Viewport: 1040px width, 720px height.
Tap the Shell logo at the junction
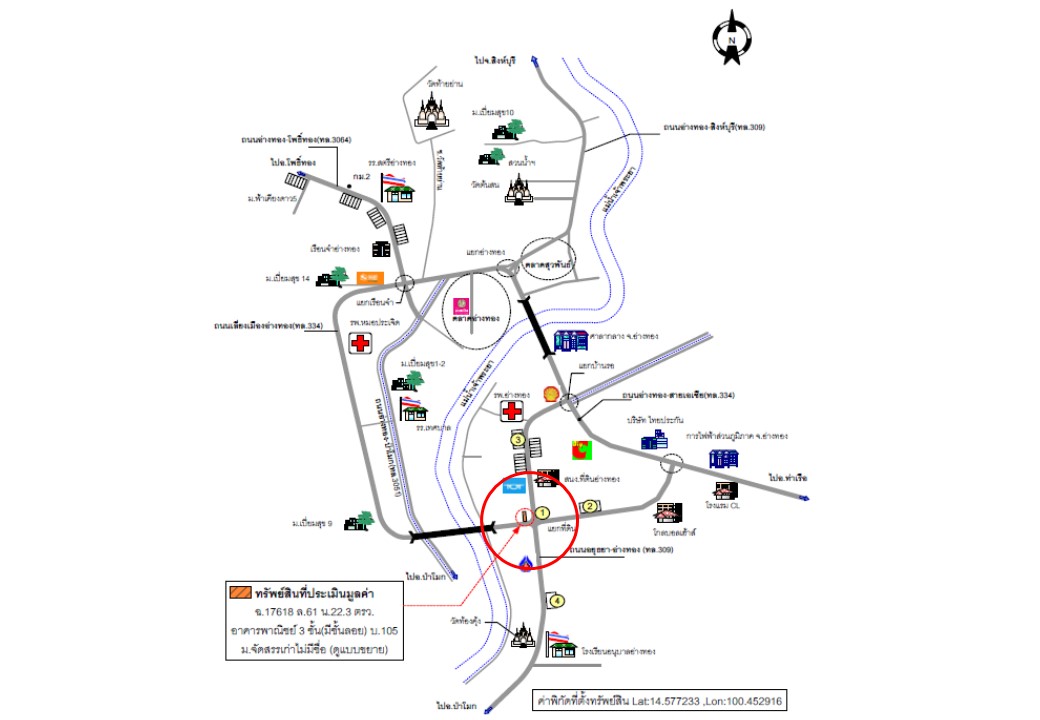pyautogui.click(x=549, y=395)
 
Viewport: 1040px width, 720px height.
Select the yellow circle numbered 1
pyautogui.click(x=542, y=513)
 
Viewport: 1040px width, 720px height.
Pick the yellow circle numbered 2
pyautogui.click(x=590, y=506)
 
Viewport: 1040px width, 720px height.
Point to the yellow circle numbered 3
pyautogui.click(x=517, y=439)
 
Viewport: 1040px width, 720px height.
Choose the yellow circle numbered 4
pyautogui.click(x=557, y=600)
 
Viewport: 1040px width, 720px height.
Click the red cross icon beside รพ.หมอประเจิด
pyautogui.click(x=361, y=343)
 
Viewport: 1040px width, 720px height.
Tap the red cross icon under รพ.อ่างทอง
pyautogui.click(x=513, y=411)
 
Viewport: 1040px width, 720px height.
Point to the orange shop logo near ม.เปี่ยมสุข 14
pyautogui.click(x=370, y=277)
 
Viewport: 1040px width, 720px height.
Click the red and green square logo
pyautogui.click(x=581, y=452)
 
